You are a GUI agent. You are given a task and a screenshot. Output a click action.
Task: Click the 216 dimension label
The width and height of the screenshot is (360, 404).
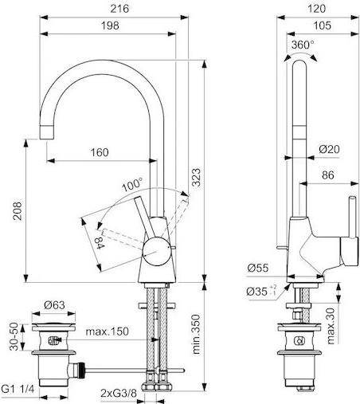click(x=119, y=9)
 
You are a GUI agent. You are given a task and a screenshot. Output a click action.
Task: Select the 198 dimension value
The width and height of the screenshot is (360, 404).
click(x=110, y=25)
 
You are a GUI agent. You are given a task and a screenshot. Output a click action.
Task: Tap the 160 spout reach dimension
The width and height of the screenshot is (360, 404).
click(x=100, y=152)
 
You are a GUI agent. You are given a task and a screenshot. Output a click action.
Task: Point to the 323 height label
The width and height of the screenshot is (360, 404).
click(x=196, y=177)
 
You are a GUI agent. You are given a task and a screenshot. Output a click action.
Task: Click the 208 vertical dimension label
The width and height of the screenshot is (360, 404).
click(x=18, y=211)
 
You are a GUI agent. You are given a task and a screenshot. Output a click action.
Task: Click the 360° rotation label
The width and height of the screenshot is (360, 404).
click(x=303, y=45)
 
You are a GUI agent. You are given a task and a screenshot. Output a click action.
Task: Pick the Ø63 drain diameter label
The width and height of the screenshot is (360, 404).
click(x=54, y=305)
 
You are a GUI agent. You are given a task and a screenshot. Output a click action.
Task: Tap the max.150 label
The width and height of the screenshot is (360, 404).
click(x=108, y=331)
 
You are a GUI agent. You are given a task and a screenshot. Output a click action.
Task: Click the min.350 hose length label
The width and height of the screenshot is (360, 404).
click(x=196, y=334)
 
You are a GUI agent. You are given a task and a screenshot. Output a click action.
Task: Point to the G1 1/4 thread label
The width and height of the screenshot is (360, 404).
click(x=18, y=390)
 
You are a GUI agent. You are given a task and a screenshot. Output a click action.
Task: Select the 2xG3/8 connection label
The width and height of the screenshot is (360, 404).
click(x=119, y=393)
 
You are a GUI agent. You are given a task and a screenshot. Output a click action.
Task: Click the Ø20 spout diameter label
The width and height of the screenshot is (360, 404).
click(x=329, y=149)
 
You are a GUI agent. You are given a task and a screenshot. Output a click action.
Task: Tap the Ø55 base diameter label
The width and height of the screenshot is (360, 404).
click(x=258, y=268)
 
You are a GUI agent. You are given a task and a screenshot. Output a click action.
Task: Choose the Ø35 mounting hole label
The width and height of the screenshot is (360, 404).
click(x=261, y=292)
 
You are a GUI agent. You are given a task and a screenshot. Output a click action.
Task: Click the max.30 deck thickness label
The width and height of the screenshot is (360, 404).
click(x=331, y=326)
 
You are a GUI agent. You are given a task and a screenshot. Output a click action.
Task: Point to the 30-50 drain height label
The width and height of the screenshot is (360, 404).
click(x=14, y=336)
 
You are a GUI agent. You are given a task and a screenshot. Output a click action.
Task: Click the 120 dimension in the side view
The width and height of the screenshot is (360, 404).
click(x=316, y=9)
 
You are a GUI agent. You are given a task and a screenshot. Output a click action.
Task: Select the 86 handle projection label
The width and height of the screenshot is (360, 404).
click(x=328, y=175)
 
